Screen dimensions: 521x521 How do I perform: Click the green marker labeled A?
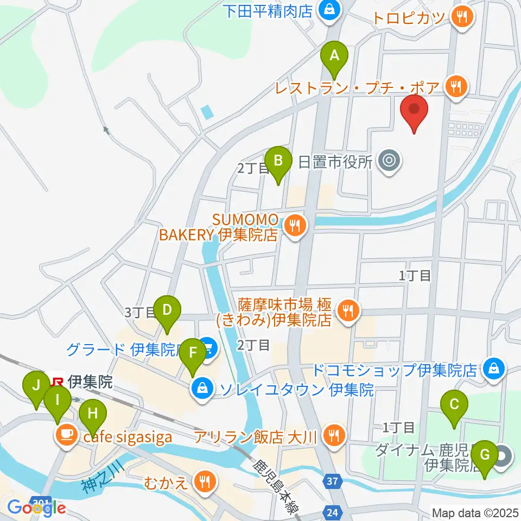(x=334, y=56)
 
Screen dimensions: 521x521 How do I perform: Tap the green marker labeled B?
(x=278, y=161)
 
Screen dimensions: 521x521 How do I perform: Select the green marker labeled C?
(x=455, y=405)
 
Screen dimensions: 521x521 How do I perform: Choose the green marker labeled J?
(x=36, y=387)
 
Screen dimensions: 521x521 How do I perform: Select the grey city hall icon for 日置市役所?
(x=389, y=160)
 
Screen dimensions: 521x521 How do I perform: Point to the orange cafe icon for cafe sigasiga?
(x=66, y=434)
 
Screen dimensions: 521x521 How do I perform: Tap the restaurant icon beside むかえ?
(x=205, y=479)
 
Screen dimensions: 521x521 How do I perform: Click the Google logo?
(x=36, y=507)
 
